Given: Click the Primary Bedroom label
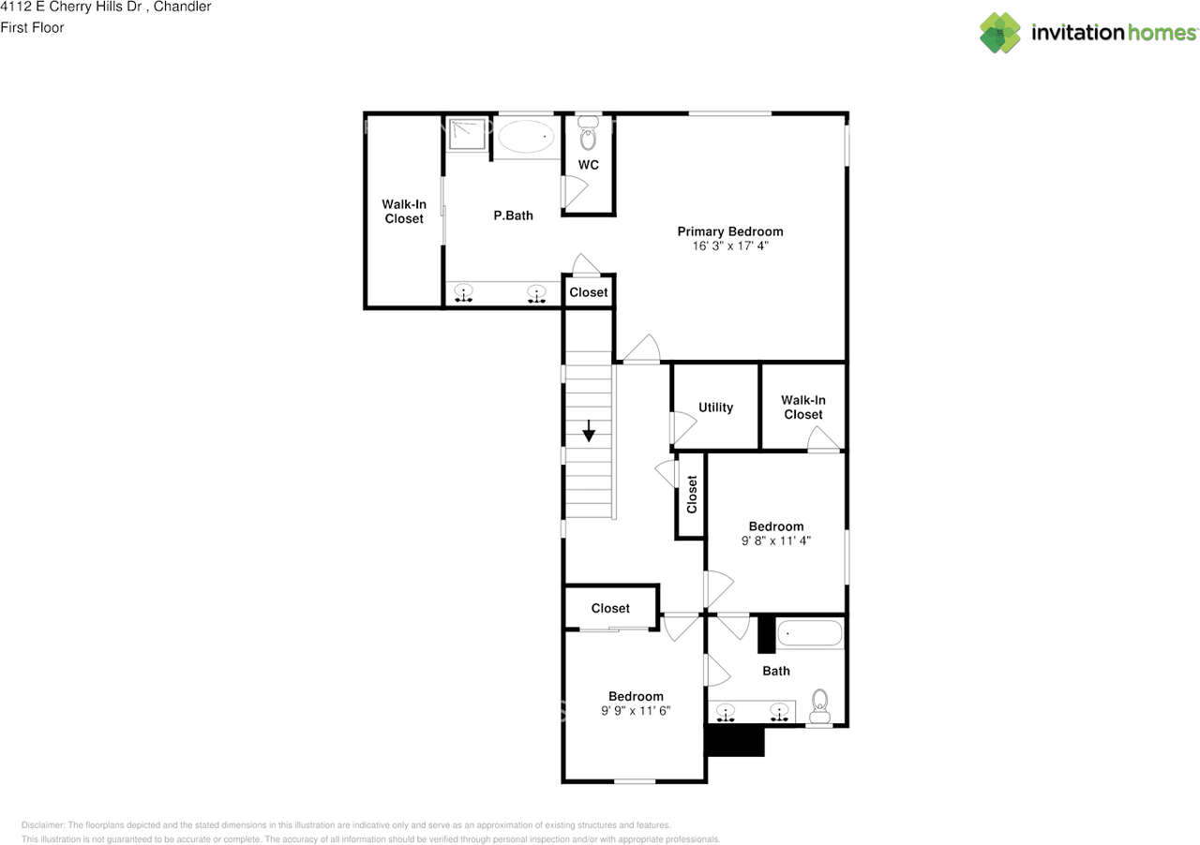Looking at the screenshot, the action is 730,231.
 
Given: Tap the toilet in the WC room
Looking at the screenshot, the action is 588,133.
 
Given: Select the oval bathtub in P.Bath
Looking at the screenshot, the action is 526,137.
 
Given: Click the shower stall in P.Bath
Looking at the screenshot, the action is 467,134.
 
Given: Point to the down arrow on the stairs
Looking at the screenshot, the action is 589,431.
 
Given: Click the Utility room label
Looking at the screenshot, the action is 715,408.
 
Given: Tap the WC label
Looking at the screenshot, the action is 588,165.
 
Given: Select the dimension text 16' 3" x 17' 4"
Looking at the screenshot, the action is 730,245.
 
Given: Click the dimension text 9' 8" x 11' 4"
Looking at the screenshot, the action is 775,541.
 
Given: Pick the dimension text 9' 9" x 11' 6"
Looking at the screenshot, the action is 636,711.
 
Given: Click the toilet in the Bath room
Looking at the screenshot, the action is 819,705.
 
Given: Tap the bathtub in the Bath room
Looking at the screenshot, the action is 809,633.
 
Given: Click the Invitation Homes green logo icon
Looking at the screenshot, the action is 1000,33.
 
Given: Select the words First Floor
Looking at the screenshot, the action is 32,28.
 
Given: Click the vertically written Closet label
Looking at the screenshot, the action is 692,495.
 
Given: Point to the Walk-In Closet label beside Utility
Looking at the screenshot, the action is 803,407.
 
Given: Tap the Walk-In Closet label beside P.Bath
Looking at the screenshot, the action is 404,212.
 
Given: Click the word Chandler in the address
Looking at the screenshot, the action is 182,7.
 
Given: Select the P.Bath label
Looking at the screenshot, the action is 513,215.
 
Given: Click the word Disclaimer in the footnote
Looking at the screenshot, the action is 43,825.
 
